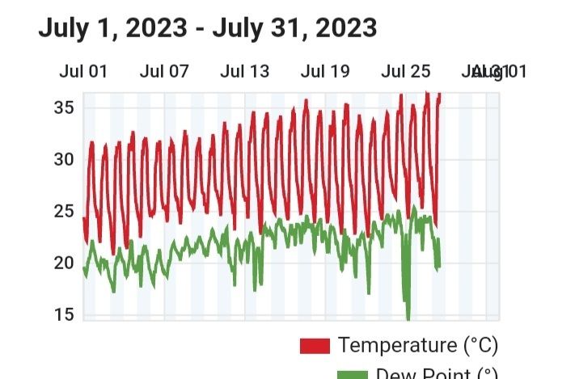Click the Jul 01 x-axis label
point(83,71)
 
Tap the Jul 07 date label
point(164,71)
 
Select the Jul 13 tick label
point(245,71)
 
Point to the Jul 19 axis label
point(325,71)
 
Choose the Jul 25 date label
point(406,71)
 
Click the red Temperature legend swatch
point(315,346)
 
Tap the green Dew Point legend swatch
point(315,374)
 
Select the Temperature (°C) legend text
point(418,345)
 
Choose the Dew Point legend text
point(429,373)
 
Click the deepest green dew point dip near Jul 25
point(408,318)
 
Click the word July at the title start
point(64,28)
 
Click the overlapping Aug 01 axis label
point(497,71)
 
